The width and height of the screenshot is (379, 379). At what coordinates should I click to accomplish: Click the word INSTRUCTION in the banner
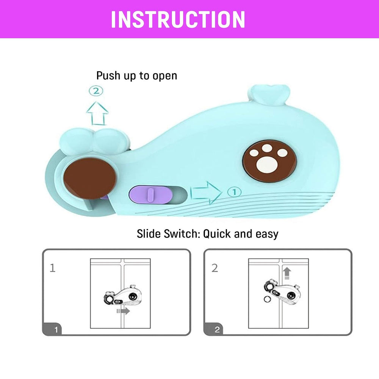(178, 20)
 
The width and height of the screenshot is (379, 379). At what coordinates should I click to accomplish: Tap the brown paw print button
(269, 161)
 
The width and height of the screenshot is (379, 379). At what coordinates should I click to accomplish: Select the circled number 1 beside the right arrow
(234, 192)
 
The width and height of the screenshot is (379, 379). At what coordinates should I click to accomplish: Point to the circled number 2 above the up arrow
(96, 91)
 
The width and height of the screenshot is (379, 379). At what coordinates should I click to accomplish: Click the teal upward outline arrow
(97, 113)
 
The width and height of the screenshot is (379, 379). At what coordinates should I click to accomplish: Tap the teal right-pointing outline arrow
(206, 193)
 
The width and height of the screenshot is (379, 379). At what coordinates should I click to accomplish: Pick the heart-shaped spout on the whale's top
(269, 94)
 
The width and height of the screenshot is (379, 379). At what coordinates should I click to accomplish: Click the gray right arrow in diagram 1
(123, 311)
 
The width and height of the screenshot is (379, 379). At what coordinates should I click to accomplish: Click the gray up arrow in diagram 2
(287, 273)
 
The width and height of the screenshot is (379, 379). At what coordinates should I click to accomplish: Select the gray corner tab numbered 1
(52, 329)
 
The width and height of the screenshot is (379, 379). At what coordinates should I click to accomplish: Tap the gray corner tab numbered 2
(213, 329)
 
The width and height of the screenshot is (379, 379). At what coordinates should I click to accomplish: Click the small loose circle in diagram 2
(267, 299)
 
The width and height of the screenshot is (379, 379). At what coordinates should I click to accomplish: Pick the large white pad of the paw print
(267, 165)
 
